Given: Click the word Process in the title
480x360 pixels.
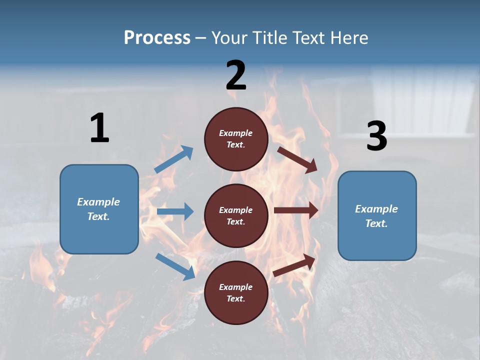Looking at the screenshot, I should point(157,38).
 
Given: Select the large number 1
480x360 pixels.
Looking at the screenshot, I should point(99,128).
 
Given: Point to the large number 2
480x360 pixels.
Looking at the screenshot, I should point(236,75).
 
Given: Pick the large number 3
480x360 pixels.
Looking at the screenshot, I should point(376,137).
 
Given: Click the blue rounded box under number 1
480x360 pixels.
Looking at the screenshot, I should point(99,209).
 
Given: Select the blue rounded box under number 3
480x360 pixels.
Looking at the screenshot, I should point(377,215).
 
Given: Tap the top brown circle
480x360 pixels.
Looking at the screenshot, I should point(236,139).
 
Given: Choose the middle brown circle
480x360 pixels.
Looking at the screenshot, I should point(236,215).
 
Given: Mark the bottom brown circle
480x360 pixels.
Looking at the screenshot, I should point(236,292).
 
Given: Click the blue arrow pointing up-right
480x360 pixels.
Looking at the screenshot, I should point(174,159).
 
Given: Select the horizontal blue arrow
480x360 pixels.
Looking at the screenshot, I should point(175,211).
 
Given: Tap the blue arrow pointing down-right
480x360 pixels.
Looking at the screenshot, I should point(175,266).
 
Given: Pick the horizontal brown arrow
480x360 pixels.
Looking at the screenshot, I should point(296,210).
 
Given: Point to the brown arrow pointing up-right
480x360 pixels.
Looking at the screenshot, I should point(294,265).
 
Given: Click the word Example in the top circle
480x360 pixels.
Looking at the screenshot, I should point(236,133).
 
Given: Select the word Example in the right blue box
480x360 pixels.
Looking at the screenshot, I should point(376,209).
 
